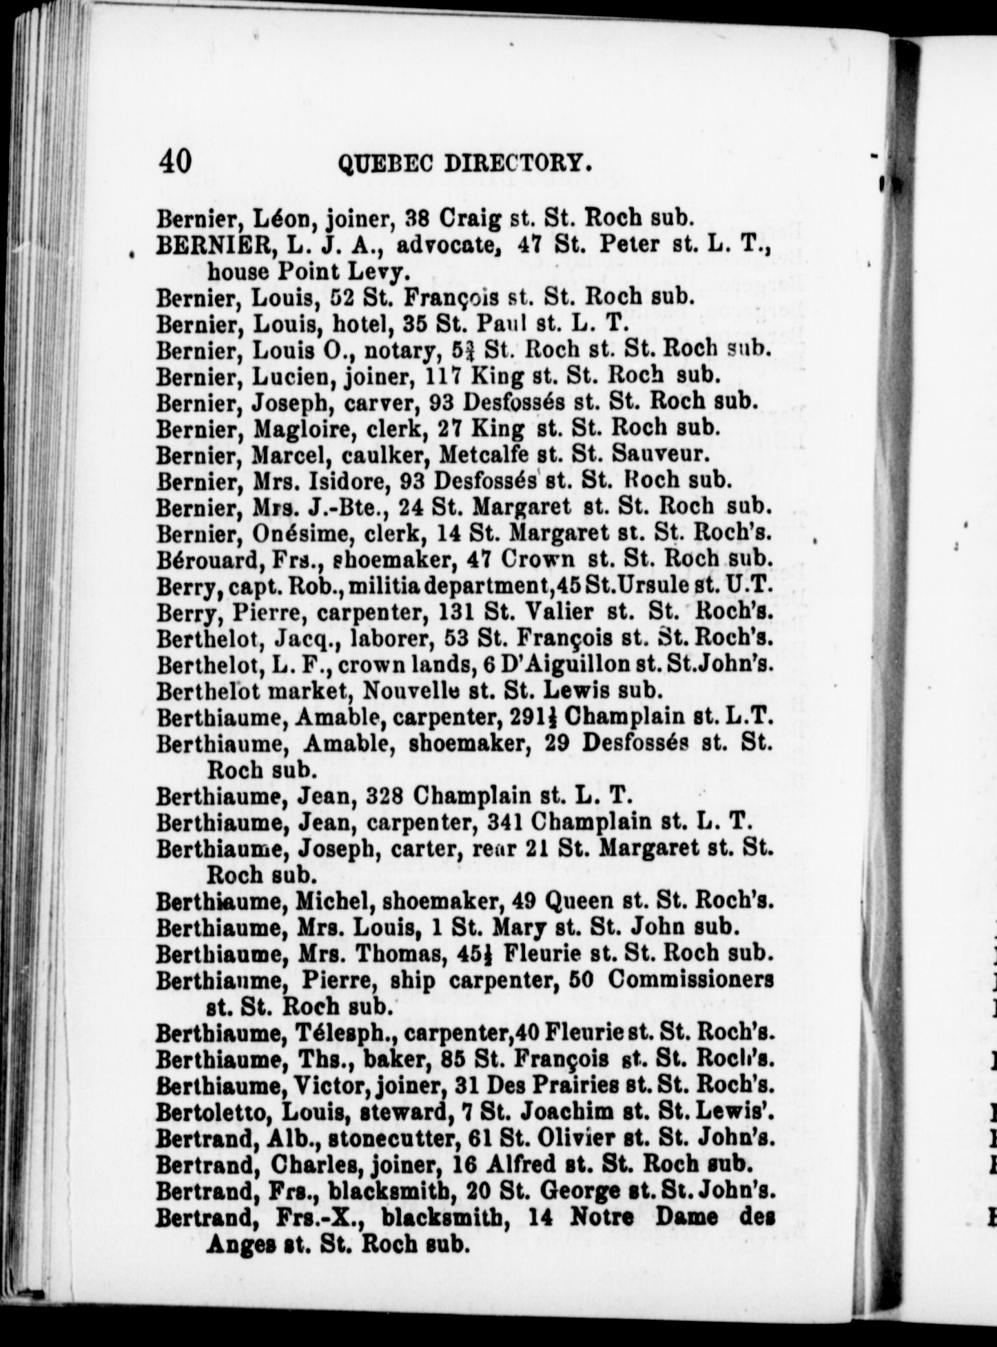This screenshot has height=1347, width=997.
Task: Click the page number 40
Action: click(x=174, y=161)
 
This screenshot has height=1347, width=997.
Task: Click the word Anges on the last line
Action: click(x=232, y=1245)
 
